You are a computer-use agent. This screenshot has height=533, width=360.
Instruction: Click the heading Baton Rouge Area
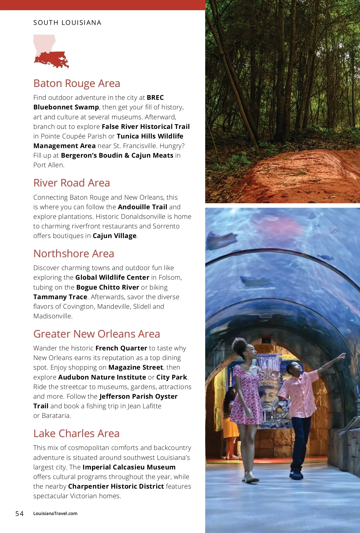tap(77, 83)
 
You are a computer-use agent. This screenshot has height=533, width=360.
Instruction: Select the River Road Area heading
tap(72, 183)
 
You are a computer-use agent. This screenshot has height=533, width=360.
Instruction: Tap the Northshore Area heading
tap(74, 254)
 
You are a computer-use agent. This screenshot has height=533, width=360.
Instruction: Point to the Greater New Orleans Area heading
tap(97, 334)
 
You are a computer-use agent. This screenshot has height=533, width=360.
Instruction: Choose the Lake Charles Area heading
tap(76, 433)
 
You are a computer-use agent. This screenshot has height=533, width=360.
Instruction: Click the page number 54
tap(19, 514)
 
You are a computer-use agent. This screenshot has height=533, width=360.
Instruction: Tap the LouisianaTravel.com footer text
tap(55, 514)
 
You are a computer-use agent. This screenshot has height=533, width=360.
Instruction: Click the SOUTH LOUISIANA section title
tap(67, 23)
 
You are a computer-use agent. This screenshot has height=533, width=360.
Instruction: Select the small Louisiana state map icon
tap(50, 51)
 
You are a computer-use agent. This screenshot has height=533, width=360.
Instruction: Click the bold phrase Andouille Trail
tap(142, 207)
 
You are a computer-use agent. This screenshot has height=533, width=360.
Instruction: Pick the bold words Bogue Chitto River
tap(108, 287)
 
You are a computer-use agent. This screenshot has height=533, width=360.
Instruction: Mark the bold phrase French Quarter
tap(121, 348)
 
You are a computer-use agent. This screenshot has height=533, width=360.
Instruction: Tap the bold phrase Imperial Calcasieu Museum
tap(129, 467)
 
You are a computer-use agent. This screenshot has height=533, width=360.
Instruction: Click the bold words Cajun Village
tap(115, 236)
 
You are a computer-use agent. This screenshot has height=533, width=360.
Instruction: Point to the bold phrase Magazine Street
tap(136, 367)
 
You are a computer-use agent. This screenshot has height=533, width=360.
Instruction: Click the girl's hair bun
tap(240, 345)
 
